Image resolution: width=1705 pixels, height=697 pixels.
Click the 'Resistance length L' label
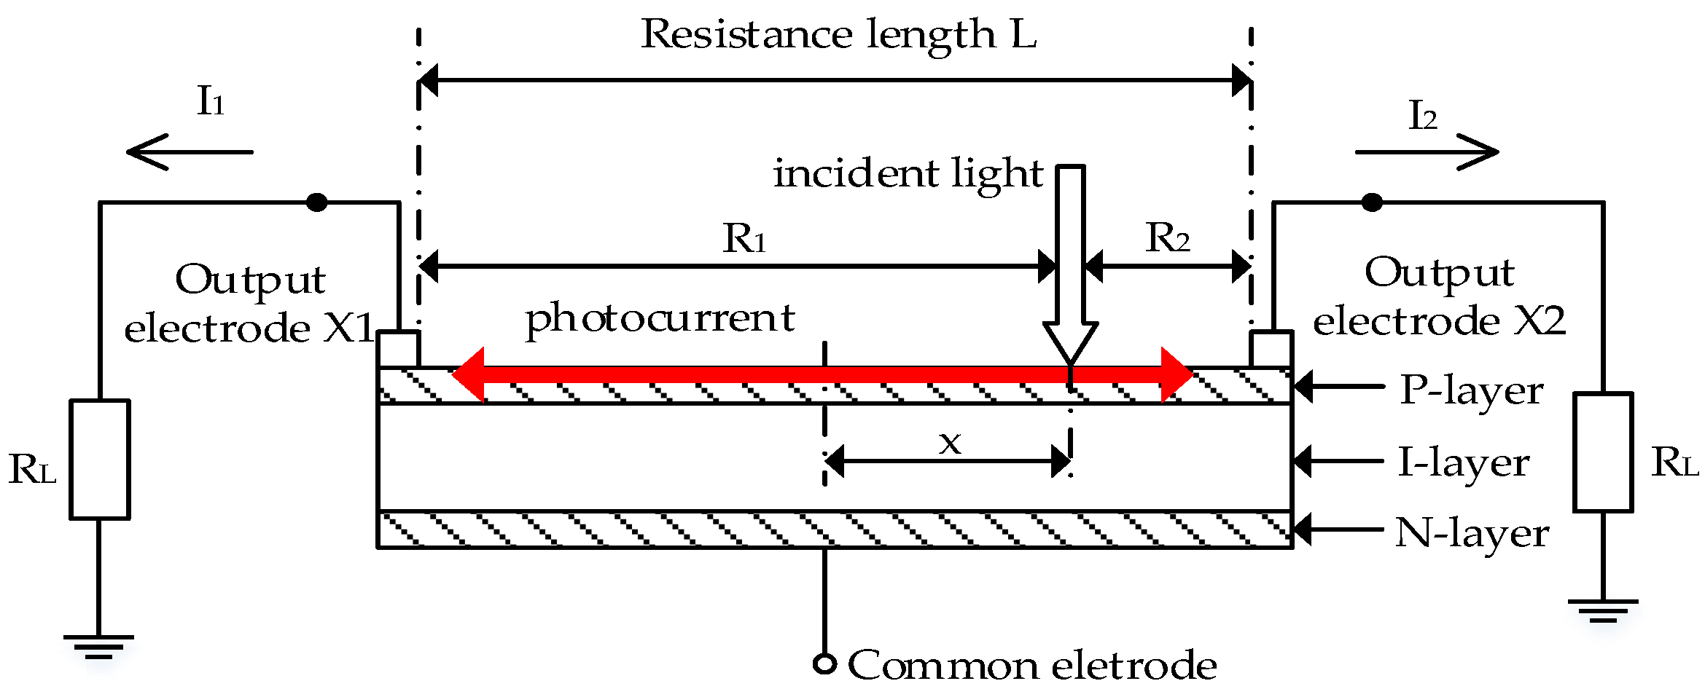(838, 34)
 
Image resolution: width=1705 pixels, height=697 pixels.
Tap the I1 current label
(210, 101)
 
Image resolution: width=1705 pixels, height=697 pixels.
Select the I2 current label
(1422, 116)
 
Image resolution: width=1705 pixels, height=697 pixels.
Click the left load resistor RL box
(100, 459)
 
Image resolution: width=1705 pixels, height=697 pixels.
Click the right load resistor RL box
(1602, 452)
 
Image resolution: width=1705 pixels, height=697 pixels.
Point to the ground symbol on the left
(98, 645)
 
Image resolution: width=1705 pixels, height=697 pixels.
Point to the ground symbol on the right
(1602, 610)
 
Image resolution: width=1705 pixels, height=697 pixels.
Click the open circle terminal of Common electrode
(824, 664)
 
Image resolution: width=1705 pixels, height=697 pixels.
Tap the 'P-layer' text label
(1471, 391)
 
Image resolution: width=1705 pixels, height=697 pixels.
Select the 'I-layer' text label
(1463, 462)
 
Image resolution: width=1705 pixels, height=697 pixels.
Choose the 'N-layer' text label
(1471, 534)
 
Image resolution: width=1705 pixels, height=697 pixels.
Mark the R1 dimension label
(744, 238)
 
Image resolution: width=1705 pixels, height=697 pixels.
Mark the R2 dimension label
(1167, 238)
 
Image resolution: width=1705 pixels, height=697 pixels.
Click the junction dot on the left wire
(316, 202)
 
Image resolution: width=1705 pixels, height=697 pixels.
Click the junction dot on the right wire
(1372, 202)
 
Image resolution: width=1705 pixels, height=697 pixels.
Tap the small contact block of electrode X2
(1271, 349)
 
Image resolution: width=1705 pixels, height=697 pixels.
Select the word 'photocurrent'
(660, 319)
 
